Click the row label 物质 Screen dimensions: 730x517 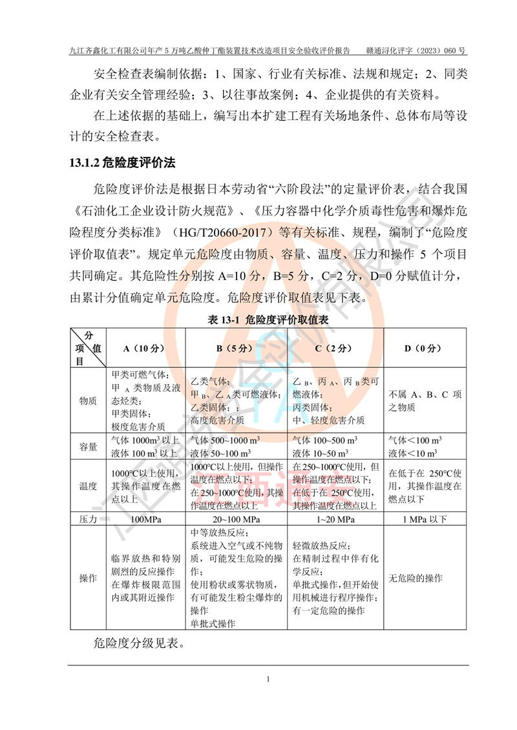pos(88,400)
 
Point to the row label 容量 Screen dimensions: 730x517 pos(88,446)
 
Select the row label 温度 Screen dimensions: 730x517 pos(88,486)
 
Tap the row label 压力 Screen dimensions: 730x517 pos(88,519)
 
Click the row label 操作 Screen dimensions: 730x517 pos(88,578)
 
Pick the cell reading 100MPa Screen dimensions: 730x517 pos(145,519)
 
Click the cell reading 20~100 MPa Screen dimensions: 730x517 pos(237,519)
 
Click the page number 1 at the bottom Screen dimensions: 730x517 pos(267,679)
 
